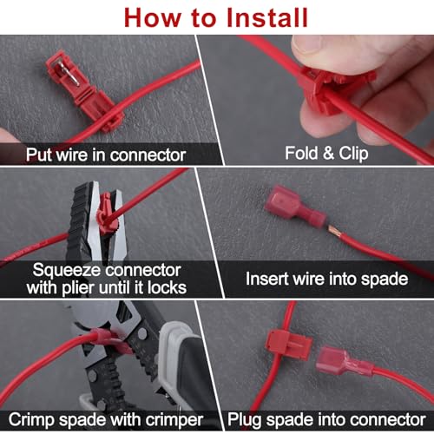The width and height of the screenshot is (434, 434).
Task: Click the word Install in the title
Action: tap(267, 18)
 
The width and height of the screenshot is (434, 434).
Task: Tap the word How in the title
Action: tap(153, 18)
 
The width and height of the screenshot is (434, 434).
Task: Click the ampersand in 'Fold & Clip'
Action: tap(328, 153)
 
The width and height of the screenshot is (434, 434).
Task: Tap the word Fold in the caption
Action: tap(301, 153)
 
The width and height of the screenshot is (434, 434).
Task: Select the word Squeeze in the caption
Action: tap(68, 271)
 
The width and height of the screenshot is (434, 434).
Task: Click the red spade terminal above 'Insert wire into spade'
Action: tap(296, 206)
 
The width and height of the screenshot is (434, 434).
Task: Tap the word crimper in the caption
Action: tap(174, 420)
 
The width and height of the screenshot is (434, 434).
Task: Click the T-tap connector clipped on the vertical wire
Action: tap(288, 345)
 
